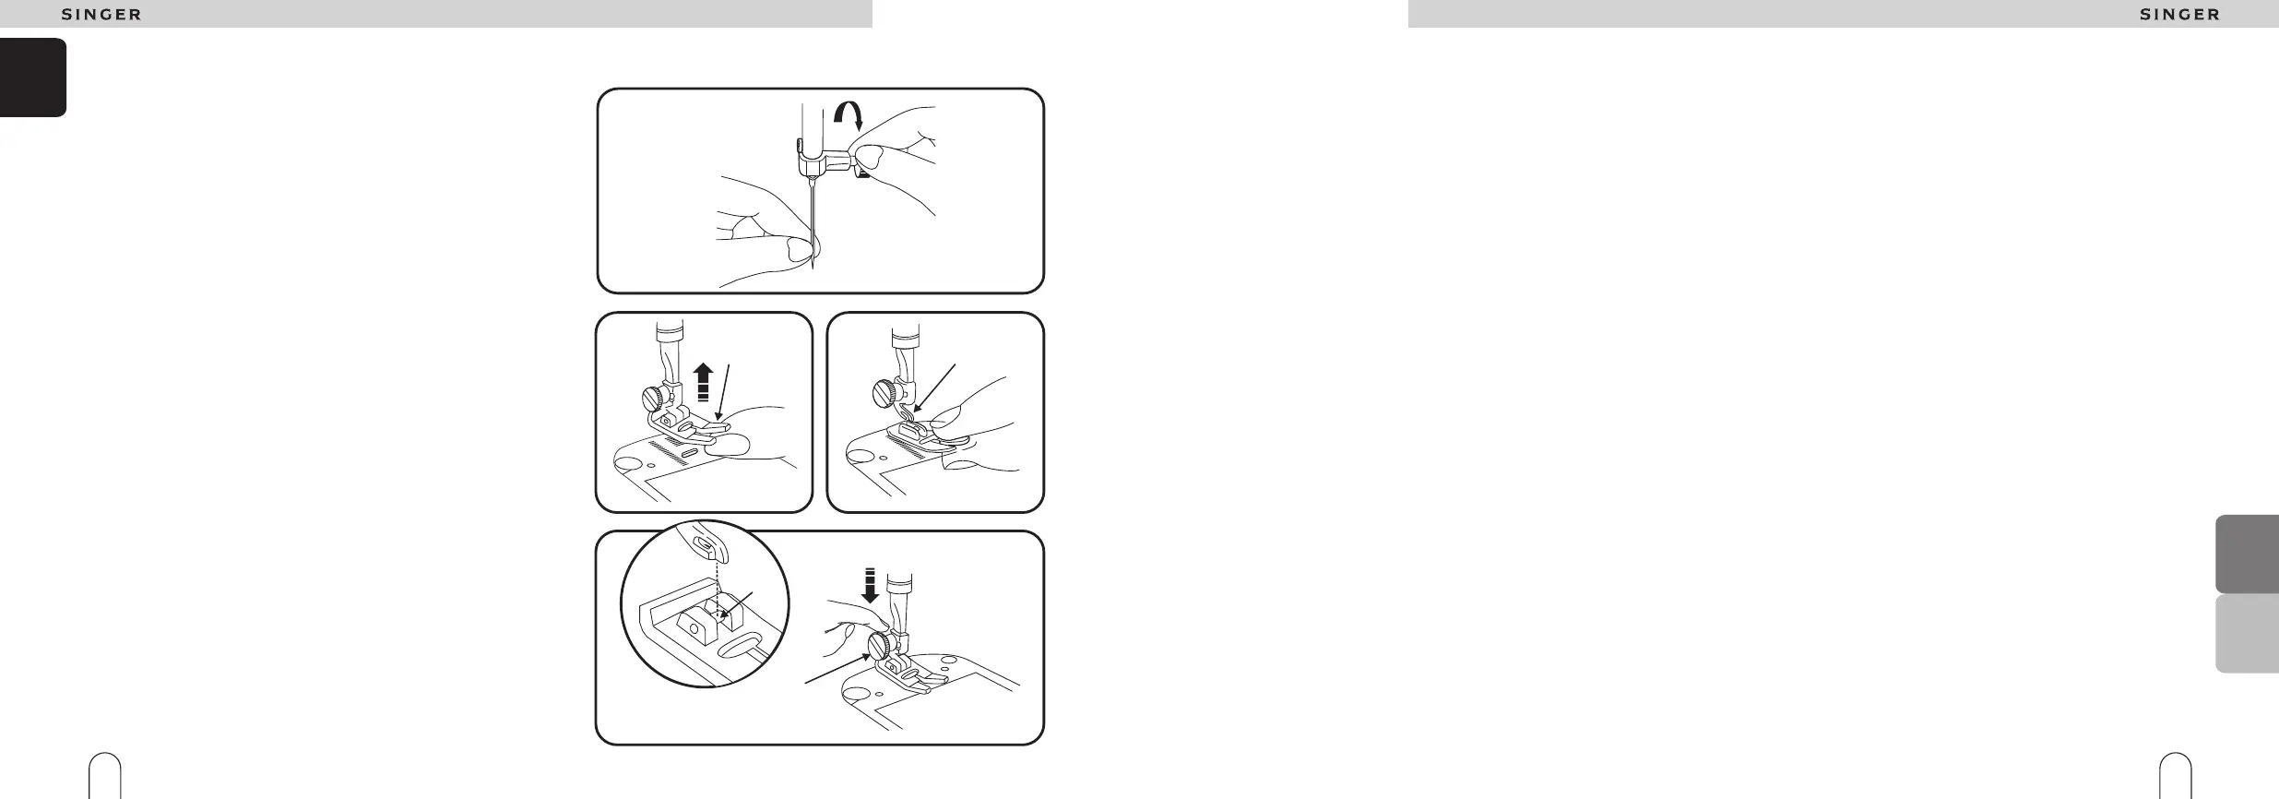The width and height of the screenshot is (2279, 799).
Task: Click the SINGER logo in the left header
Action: click(x=101, y=15)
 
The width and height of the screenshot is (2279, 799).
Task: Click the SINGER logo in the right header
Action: click(x=2179, y=15)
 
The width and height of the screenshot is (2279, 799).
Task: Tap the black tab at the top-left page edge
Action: click(x=32, y=78)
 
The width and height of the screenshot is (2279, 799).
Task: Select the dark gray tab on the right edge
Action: click(x=2247, y=554)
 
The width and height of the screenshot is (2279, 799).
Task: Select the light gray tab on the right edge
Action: click(x=2247, y=634)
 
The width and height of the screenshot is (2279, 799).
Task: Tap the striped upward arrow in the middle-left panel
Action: click(x=703, y=382)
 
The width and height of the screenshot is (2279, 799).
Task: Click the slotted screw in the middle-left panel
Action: click(x=653, y=399)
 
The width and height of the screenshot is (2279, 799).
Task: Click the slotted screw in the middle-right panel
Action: click(x=885, y=393)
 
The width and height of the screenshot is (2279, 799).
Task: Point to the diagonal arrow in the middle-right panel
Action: click(x=934, y=388)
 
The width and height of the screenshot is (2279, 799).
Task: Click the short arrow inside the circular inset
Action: click(x=738, y=603)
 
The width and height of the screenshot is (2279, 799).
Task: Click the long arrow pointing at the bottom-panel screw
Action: click(x=837, y=668)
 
